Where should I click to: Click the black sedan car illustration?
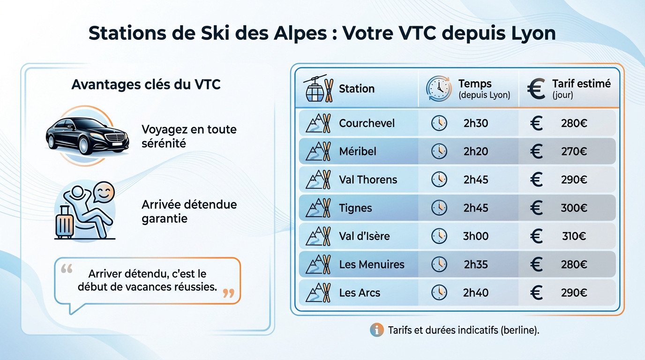[87, 136]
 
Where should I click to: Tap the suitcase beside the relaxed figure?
[65, 223]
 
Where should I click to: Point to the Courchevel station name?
[367, 123]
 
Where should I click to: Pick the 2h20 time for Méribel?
[476, 151]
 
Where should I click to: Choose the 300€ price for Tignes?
[574, 208]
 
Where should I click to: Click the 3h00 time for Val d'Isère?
[476, 236]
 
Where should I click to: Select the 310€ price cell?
[574, 236]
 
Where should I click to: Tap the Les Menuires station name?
[372, 264]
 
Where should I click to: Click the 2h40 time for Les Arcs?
[476, 293]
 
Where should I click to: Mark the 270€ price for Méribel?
[574, 151]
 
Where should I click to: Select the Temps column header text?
[475, 84]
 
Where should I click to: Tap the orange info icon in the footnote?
[376, 330]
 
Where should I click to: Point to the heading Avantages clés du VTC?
[146, 85]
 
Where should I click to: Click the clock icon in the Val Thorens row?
[439, 180]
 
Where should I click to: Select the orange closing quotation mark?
[228, 294]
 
